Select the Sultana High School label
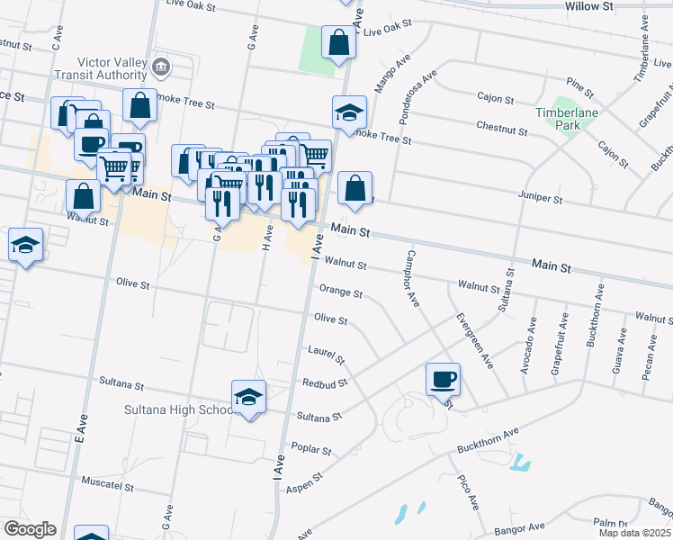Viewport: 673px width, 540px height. pos(177,410)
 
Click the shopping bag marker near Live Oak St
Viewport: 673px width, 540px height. pos(338,41)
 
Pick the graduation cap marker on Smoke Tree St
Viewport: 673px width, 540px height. pos(349,112)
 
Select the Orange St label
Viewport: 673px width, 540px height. pos(341,292)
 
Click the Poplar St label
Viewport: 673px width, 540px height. pos(312,448)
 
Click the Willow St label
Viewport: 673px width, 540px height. pos(588,5)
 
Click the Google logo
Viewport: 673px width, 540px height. pos(30,529)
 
